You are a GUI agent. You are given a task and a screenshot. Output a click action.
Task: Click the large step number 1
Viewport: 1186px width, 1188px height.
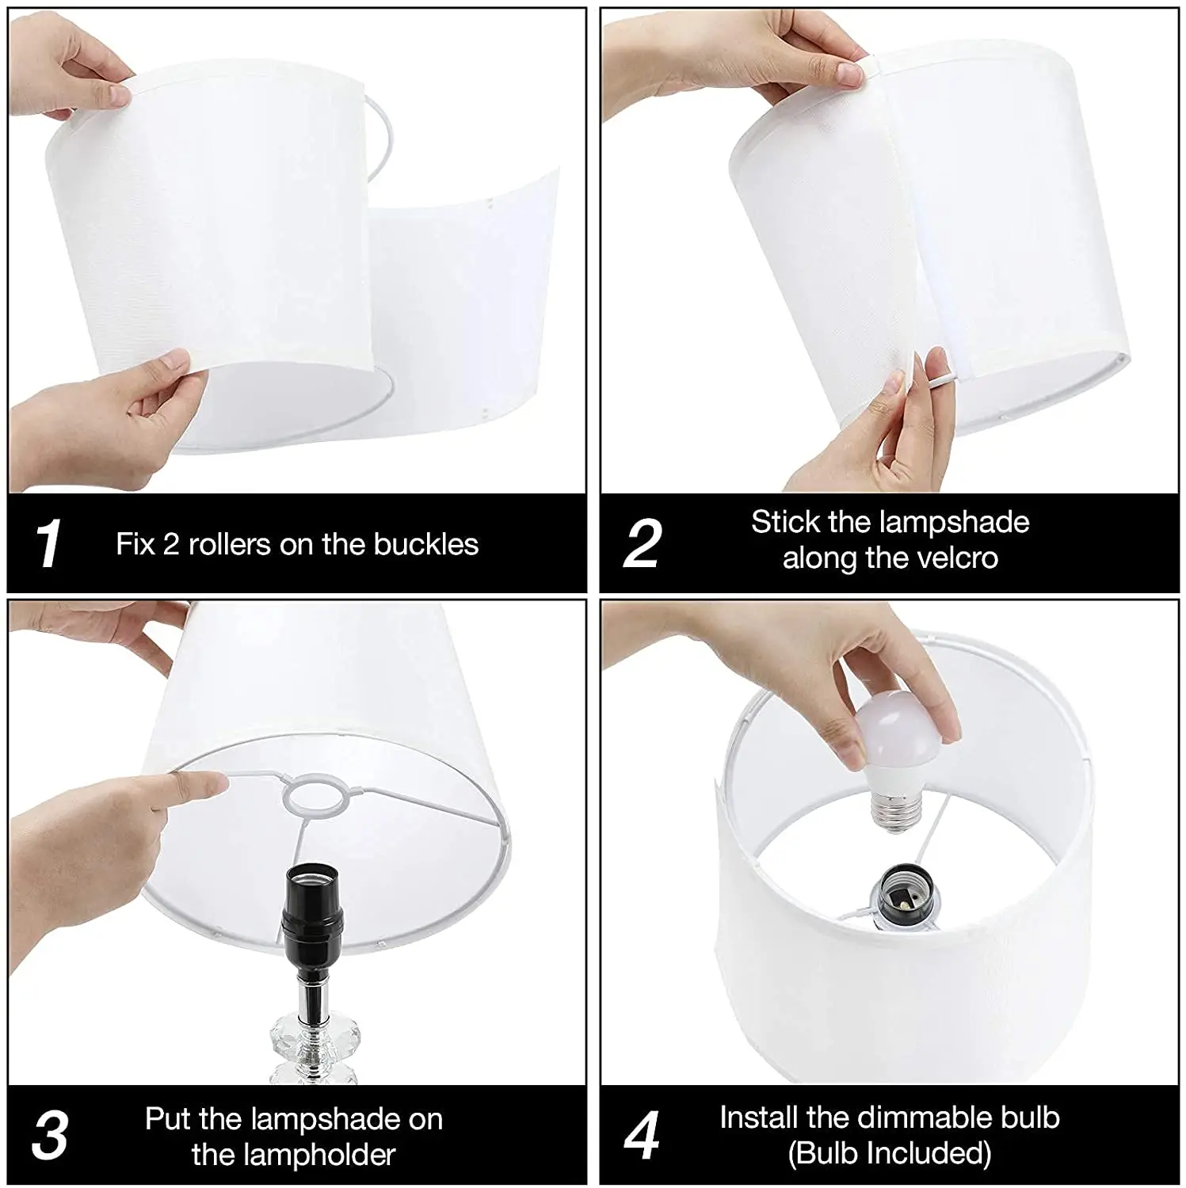pos(49,543)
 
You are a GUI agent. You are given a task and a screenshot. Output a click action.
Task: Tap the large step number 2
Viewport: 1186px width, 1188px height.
pos(643,543)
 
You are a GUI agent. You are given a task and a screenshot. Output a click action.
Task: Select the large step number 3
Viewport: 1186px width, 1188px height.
pos(50,1135)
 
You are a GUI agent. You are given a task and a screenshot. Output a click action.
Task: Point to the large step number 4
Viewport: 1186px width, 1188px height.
pos(642,1135)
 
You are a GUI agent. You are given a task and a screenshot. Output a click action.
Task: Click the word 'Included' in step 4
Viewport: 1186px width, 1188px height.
pos(929,1154)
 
